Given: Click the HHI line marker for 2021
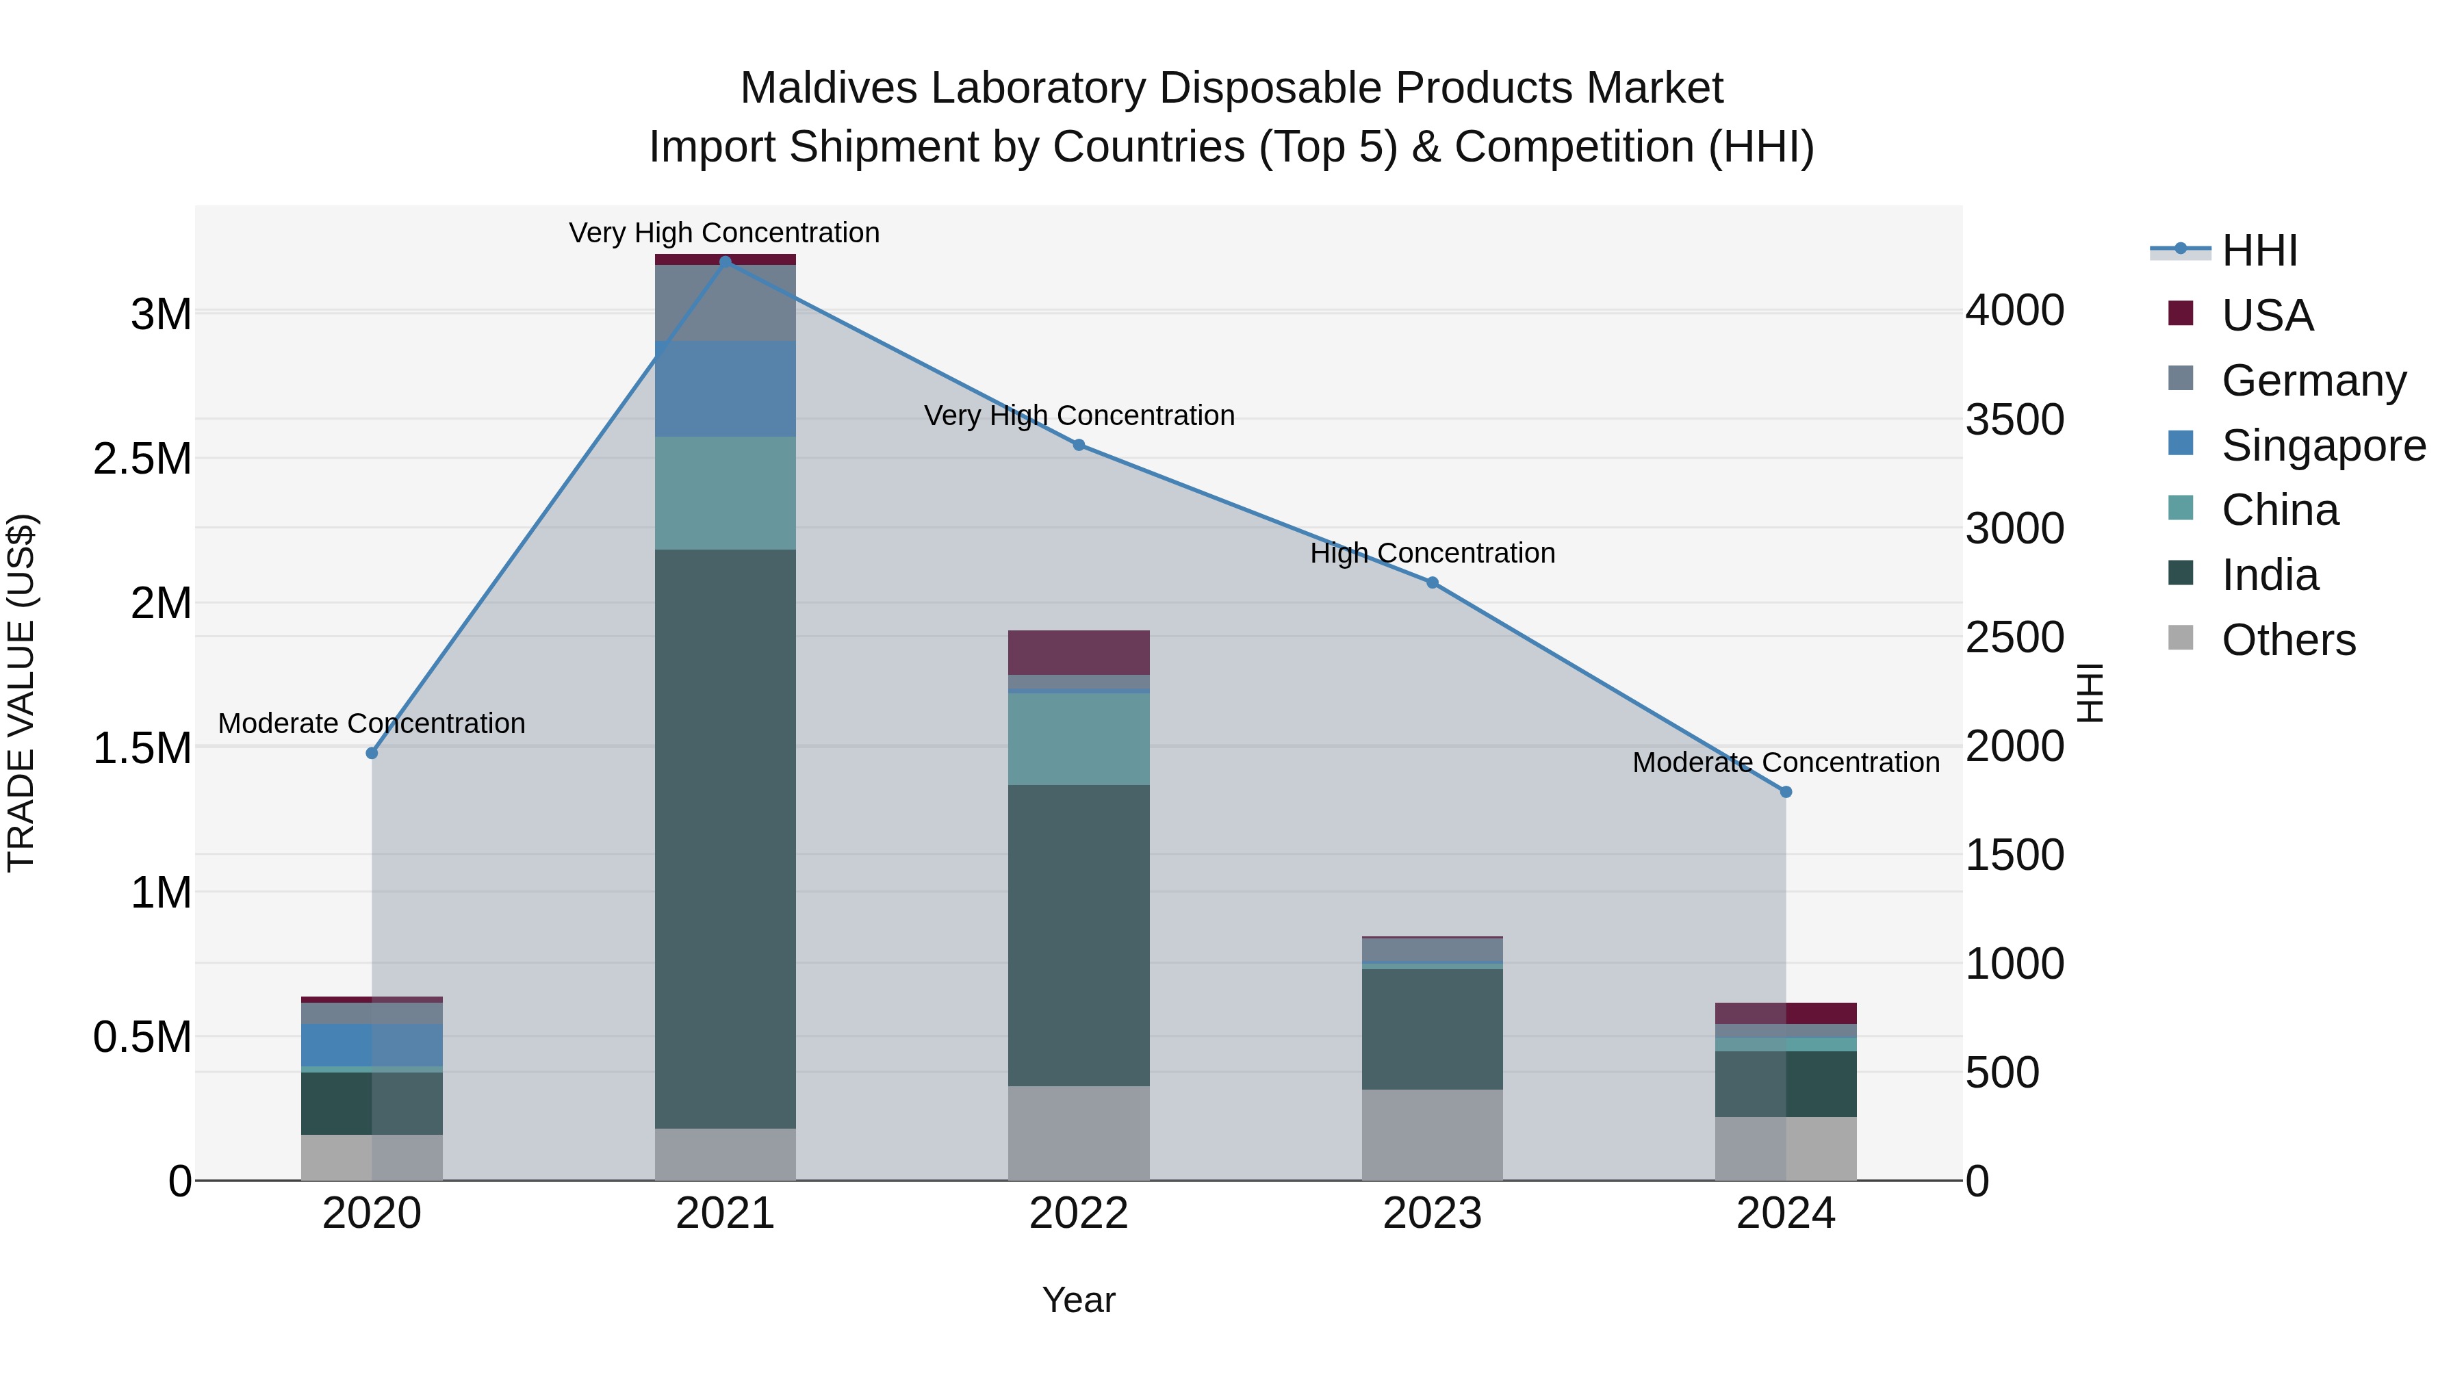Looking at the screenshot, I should [x=725, y=261].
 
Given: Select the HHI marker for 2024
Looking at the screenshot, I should [x=1785, y=792].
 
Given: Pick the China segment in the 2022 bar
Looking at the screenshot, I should [x=1078, y=739].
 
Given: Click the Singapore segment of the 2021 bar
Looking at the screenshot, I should [x=725, y=388].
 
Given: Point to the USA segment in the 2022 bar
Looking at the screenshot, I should [x=1078, y=652].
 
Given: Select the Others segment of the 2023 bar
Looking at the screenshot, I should [x=1432, y=1134].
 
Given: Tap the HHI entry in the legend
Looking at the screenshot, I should [x=2259, y=251].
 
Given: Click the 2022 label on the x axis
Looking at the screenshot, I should [x=1078, y=1214].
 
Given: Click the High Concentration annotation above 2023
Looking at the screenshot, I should [x=1432, y=553].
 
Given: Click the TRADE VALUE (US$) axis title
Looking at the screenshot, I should [x=21, y=693].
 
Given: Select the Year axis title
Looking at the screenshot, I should [x=1078, y=1300].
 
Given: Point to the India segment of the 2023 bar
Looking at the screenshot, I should [x=1432, y=1029].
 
